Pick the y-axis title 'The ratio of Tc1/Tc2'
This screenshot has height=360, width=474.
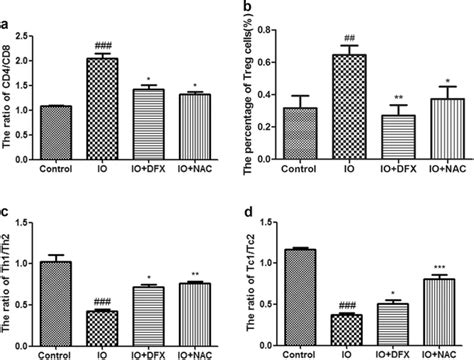[x=254, y=270]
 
